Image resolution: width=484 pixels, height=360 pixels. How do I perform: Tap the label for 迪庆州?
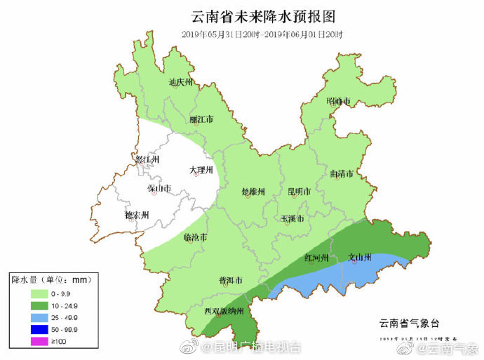coord(180,82)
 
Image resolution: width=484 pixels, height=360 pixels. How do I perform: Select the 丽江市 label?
coord(201,119)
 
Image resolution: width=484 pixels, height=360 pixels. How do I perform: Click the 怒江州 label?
coord(148,159)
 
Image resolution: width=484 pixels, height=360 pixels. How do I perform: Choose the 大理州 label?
coord(201,171)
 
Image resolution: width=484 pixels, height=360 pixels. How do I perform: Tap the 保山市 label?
coord(159,188)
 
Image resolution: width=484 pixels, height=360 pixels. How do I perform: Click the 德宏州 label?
coord(137,215)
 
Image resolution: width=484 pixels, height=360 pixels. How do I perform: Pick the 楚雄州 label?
coord(253,192)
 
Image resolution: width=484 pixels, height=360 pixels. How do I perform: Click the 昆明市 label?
coord(300,191)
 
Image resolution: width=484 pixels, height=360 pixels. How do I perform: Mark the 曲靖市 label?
coord(341,173)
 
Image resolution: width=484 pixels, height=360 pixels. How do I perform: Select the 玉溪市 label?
coord(293,219)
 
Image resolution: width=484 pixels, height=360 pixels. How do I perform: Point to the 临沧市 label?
coord(195,237)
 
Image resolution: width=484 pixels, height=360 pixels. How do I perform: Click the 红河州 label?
coord(317,258)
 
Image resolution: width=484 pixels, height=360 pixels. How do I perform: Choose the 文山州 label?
coord(360,258)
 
